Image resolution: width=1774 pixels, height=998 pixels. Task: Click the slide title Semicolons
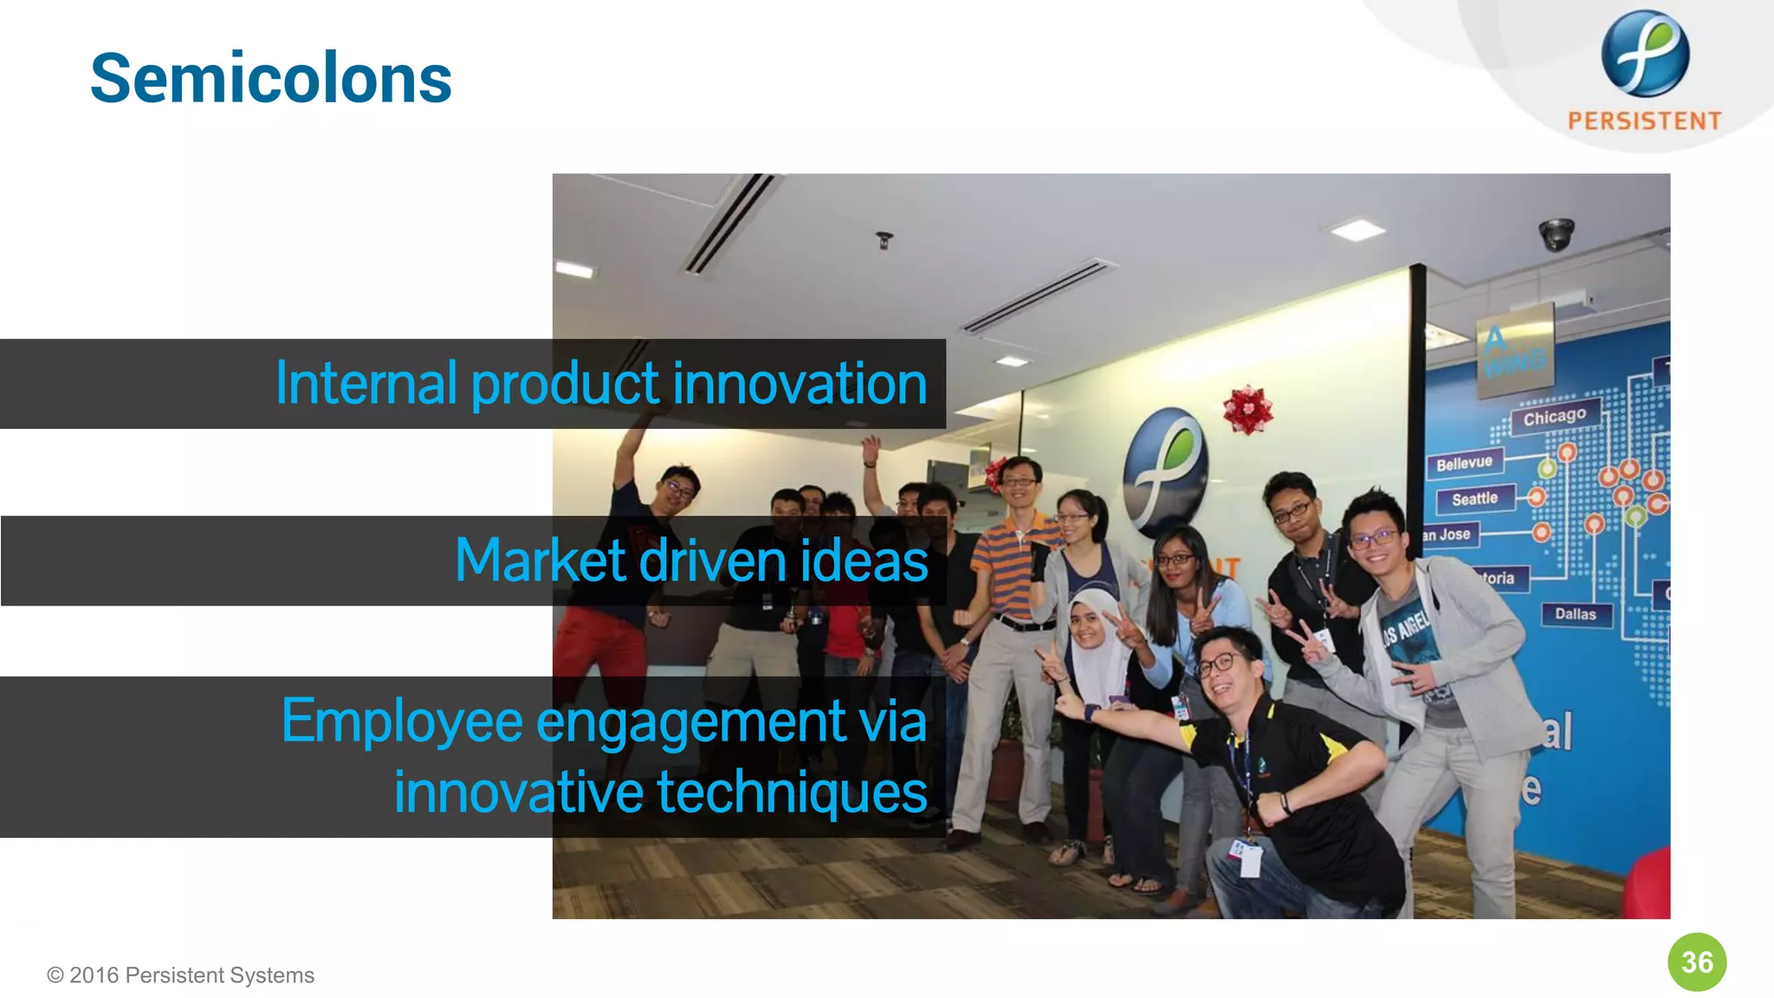270,79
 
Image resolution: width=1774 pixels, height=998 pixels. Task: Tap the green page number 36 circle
1697,962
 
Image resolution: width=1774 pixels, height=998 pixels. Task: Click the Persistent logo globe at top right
1645,54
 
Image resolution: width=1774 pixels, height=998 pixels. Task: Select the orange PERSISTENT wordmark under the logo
1644,120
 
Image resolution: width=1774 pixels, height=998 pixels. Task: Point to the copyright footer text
180,975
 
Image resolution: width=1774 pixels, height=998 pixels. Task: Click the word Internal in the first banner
366,383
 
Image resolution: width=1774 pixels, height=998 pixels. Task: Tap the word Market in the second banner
540,561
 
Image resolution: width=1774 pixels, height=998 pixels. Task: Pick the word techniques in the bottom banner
792,792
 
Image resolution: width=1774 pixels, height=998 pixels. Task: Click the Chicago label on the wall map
1555,418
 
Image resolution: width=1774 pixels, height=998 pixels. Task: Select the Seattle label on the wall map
1474,499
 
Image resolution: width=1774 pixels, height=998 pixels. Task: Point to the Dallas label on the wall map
1575,614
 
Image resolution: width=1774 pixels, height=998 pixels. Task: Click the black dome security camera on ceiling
1556,234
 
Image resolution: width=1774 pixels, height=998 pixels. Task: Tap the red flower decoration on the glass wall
1247,410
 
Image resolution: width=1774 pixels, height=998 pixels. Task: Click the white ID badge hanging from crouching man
1249,859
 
